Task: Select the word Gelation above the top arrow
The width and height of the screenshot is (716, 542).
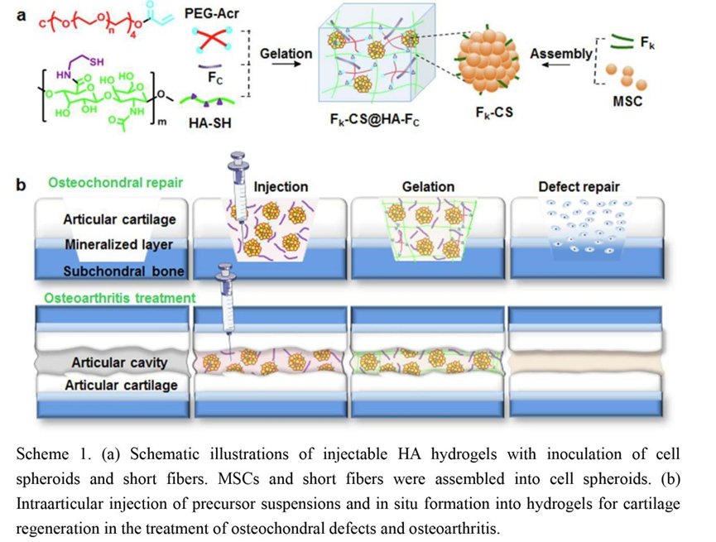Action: coord(286,54)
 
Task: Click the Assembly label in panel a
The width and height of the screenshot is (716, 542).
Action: coord(560,54)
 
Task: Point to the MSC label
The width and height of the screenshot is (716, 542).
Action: coord(627,103)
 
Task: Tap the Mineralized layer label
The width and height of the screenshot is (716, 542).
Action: coord(119,245)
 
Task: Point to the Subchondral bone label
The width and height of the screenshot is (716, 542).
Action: coord(123,271)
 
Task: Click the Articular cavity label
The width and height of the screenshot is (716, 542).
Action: coord(119,362)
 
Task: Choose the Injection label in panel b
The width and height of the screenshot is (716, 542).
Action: coord(281,186)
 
